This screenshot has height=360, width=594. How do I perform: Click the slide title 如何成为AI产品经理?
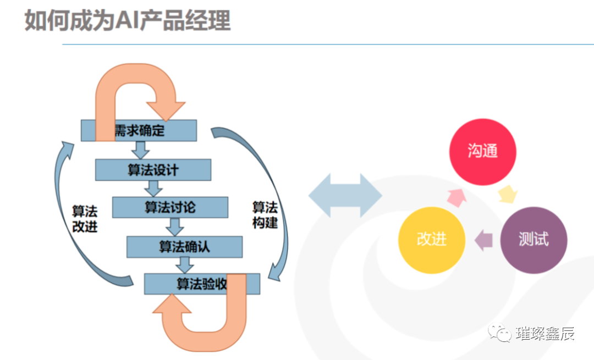pos(127,21)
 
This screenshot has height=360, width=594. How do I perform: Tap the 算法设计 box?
pos(153,170)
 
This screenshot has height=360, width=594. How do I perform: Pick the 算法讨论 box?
pos(170,208)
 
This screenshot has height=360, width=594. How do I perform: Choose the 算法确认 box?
pos(184,247)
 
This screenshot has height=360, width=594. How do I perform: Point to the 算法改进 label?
pos(85,219)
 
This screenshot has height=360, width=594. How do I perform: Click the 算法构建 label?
pos(265,215)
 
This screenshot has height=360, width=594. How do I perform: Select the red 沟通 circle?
pos(483,151)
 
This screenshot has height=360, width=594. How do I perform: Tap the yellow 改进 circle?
pos(432,240)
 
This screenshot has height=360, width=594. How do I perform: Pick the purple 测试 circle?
pos(533,240)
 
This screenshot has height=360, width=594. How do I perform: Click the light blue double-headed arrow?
pos(345,195)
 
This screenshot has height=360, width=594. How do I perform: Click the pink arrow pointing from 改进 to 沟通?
pos(456,196)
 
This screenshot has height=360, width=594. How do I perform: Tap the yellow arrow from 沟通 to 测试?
pos(508,193)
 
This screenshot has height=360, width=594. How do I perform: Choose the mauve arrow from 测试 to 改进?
pos(483,240)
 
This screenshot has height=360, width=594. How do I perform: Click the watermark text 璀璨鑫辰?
pos(544,334)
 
